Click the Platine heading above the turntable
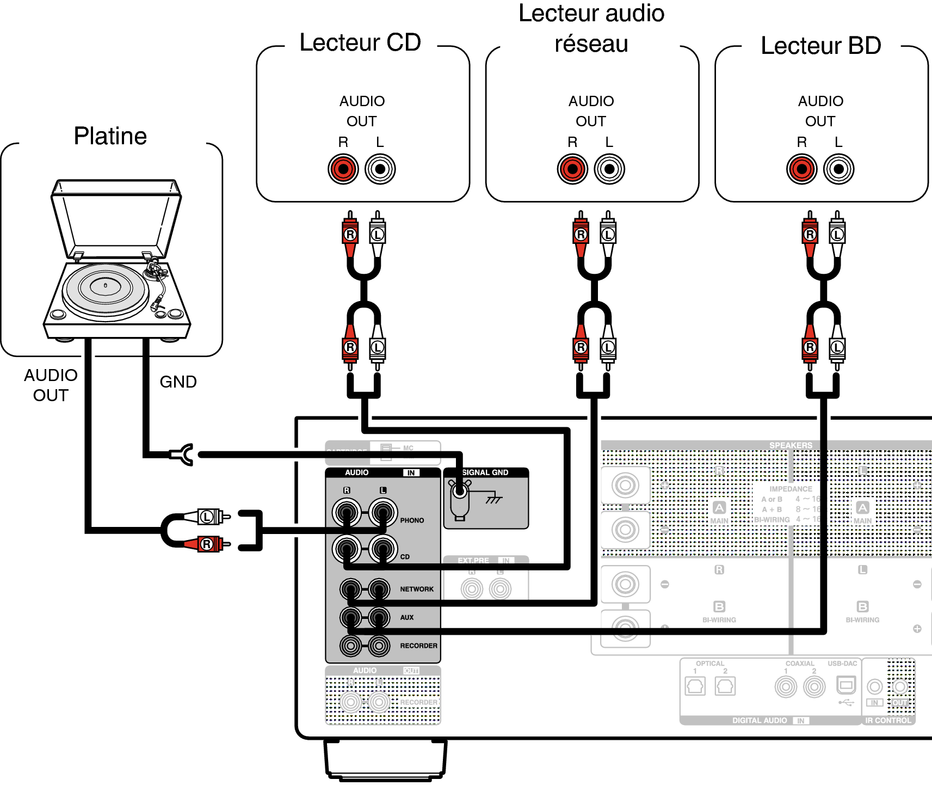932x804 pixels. point(110,136)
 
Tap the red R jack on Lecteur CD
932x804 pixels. point(343,169)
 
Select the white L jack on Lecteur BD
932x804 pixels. point(838,169)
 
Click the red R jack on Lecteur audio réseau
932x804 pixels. point(572,169)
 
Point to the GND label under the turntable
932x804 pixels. point(178,382)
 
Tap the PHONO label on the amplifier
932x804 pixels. point(412,520)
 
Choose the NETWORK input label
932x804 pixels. point(417,589)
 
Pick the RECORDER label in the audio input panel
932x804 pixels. point(418,646)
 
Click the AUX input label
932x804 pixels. point(407,617)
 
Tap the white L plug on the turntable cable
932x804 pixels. point(209,516)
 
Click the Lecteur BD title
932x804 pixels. point(820,46)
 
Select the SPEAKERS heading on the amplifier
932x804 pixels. point(791,445)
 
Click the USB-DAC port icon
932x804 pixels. point(845,684)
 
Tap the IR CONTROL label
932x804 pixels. point(888,720)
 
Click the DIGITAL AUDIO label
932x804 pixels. point(760,720)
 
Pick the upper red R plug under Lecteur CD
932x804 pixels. point(350,234)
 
